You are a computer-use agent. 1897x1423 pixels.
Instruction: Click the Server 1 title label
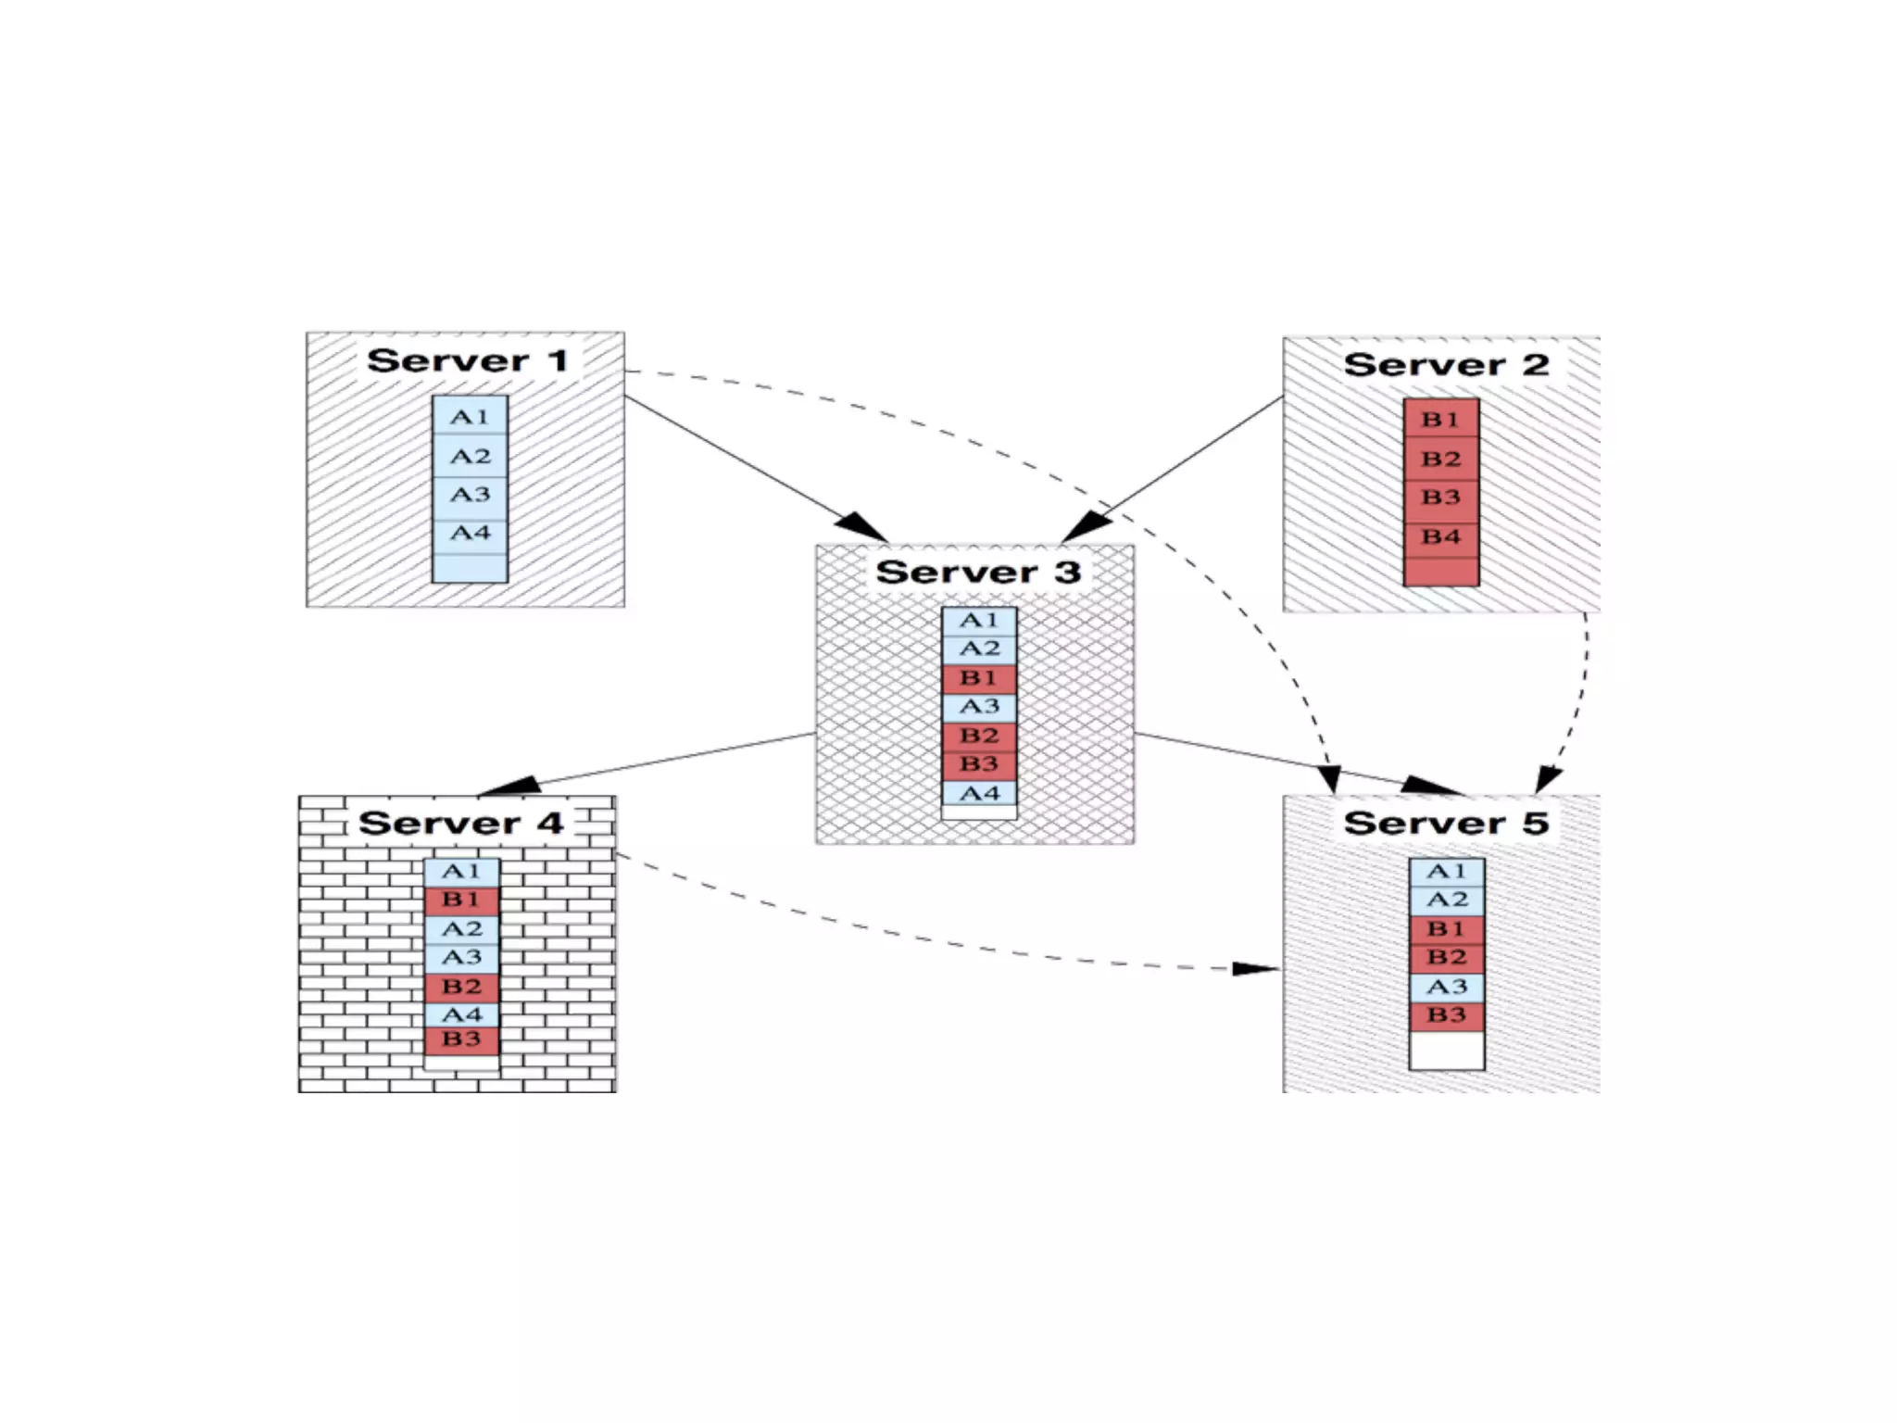(468, 360)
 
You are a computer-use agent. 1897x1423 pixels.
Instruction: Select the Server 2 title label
(1446, 364)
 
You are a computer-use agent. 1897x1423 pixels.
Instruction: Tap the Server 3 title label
(978, 572)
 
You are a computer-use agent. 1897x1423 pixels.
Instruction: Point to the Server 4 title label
(460, 823)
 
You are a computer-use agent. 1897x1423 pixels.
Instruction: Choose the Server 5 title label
(1446, 823)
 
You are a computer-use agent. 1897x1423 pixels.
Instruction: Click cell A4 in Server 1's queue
(470, 533)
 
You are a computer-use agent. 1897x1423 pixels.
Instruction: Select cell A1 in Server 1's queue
(470, 417)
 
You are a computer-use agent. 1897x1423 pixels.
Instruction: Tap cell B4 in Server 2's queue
(1441, 536)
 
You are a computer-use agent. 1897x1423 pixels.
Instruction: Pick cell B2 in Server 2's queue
(1441, 459)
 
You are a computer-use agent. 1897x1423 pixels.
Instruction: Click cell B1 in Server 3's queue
(979, 678)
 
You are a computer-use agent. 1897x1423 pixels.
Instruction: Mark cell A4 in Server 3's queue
(979, 793)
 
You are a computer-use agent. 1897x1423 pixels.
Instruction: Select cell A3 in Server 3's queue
(979, 707)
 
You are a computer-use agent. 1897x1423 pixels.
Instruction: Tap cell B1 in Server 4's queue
(461, 900)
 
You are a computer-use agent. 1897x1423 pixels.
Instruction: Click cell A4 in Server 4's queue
(461, 1014)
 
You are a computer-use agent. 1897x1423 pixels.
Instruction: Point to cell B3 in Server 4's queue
(461, 1039)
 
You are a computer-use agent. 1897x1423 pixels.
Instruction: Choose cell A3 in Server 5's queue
(1447, 987)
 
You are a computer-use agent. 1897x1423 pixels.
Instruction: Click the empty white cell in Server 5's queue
(1447, 1051)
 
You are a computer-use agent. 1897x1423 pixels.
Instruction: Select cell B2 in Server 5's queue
(1447, 957)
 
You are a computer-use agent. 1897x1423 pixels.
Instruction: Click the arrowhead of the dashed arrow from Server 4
(1257, 969)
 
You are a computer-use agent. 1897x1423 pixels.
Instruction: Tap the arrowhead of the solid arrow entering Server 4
(508, 787)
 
